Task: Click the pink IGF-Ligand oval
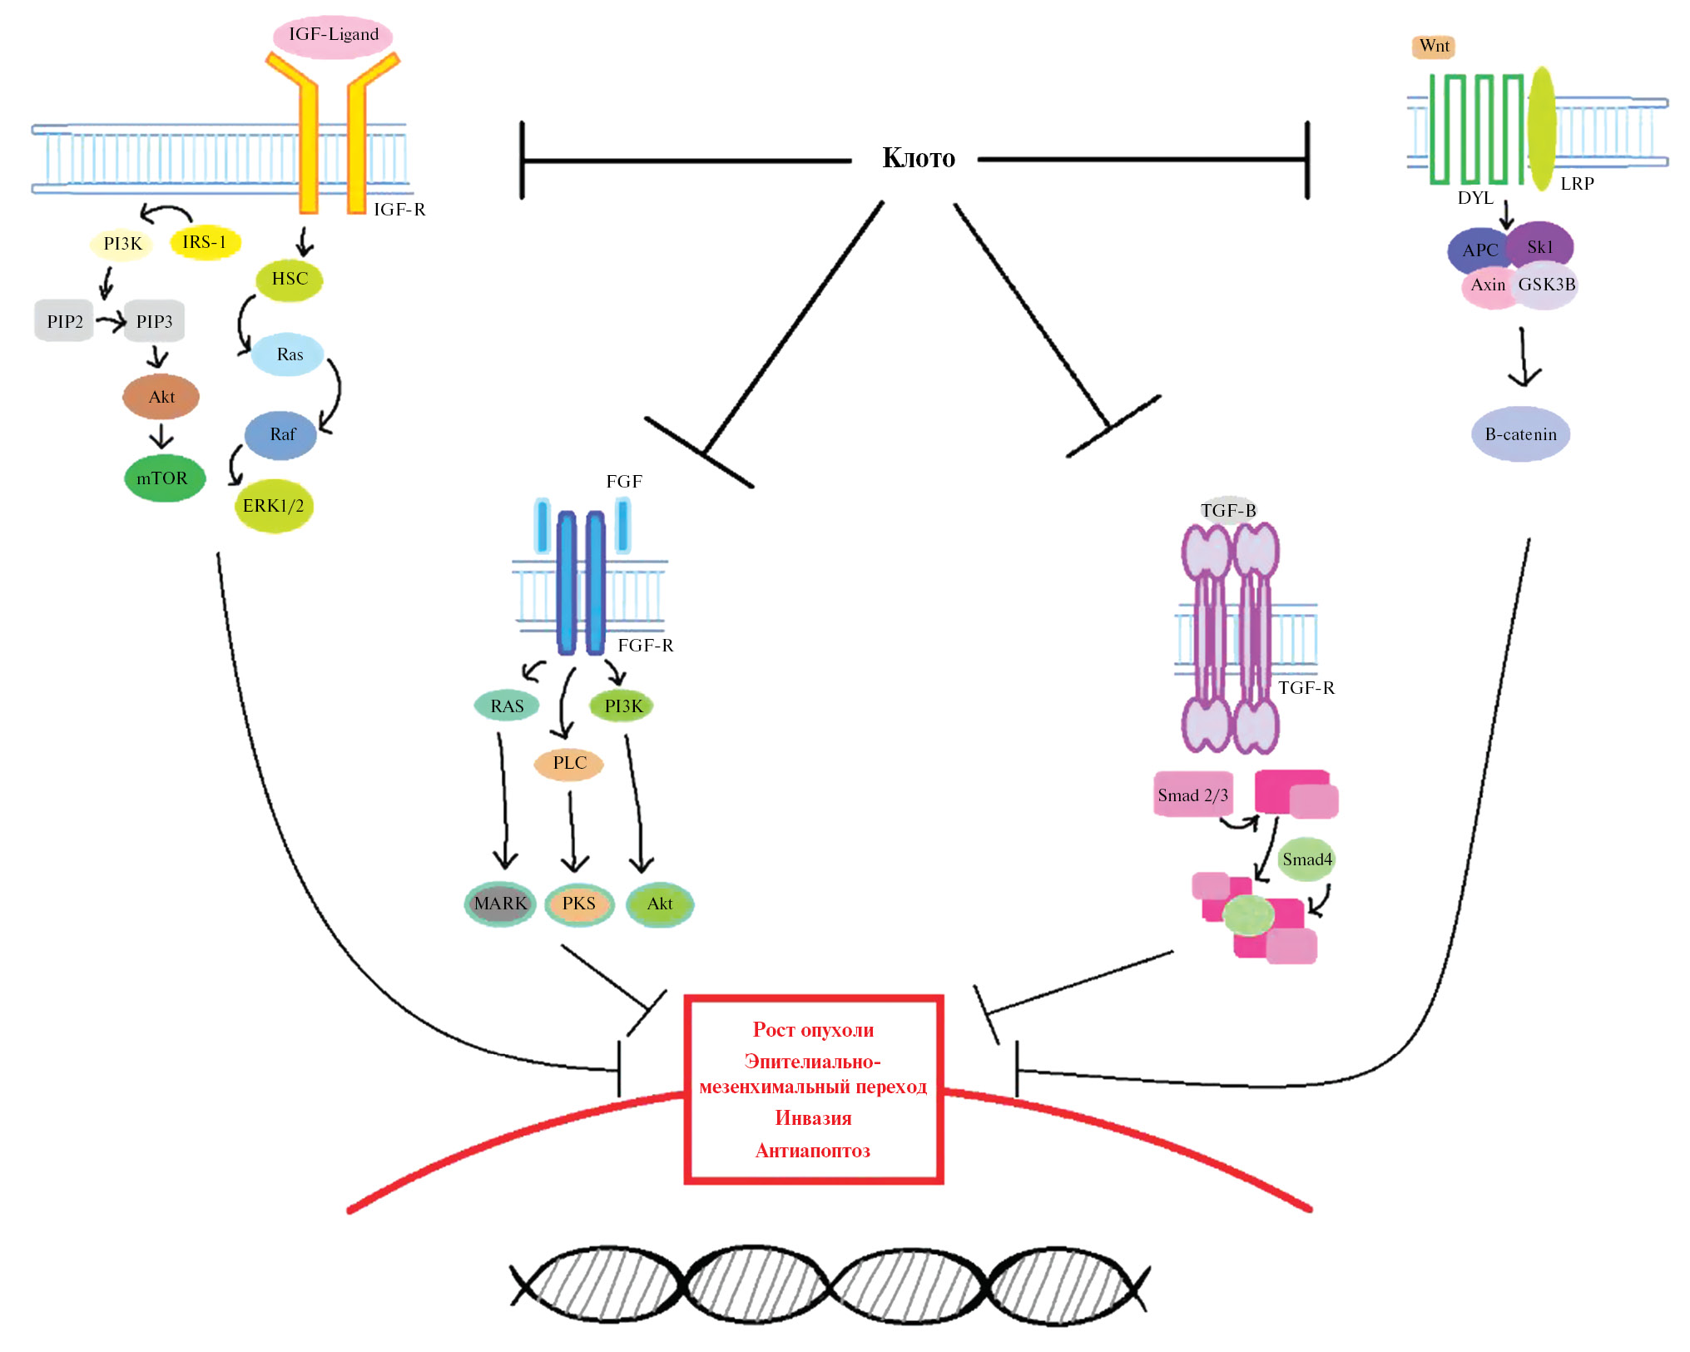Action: click(333, 36)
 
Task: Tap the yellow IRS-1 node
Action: click(205, 242)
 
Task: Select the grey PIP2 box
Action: click(64, 321)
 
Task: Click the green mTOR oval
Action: click(164, 478)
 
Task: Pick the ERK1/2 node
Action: click(274, 506)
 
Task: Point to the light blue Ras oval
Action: click(289, 354)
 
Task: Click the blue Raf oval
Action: click(281, 434)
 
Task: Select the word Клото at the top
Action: click(918, 158)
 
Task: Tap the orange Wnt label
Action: click(1433, 47)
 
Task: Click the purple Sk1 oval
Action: click(1540, 246)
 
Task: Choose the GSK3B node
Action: click(1546, 285)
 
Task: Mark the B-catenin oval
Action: click(1520, 434)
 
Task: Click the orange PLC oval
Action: click(569, 763)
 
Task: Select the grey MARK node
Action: click(500, 904)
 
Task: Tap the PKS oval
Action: click(579, 904)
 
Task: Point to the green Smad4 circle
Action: click(1306, 859)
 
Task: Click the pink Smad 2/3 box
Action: click(1192, 795)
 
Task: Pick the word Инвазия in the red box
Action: click(813, 1118)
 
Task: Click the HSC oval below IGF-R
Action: click(289, 280)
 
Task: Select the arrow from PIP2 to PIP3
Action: click(110, 320)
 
